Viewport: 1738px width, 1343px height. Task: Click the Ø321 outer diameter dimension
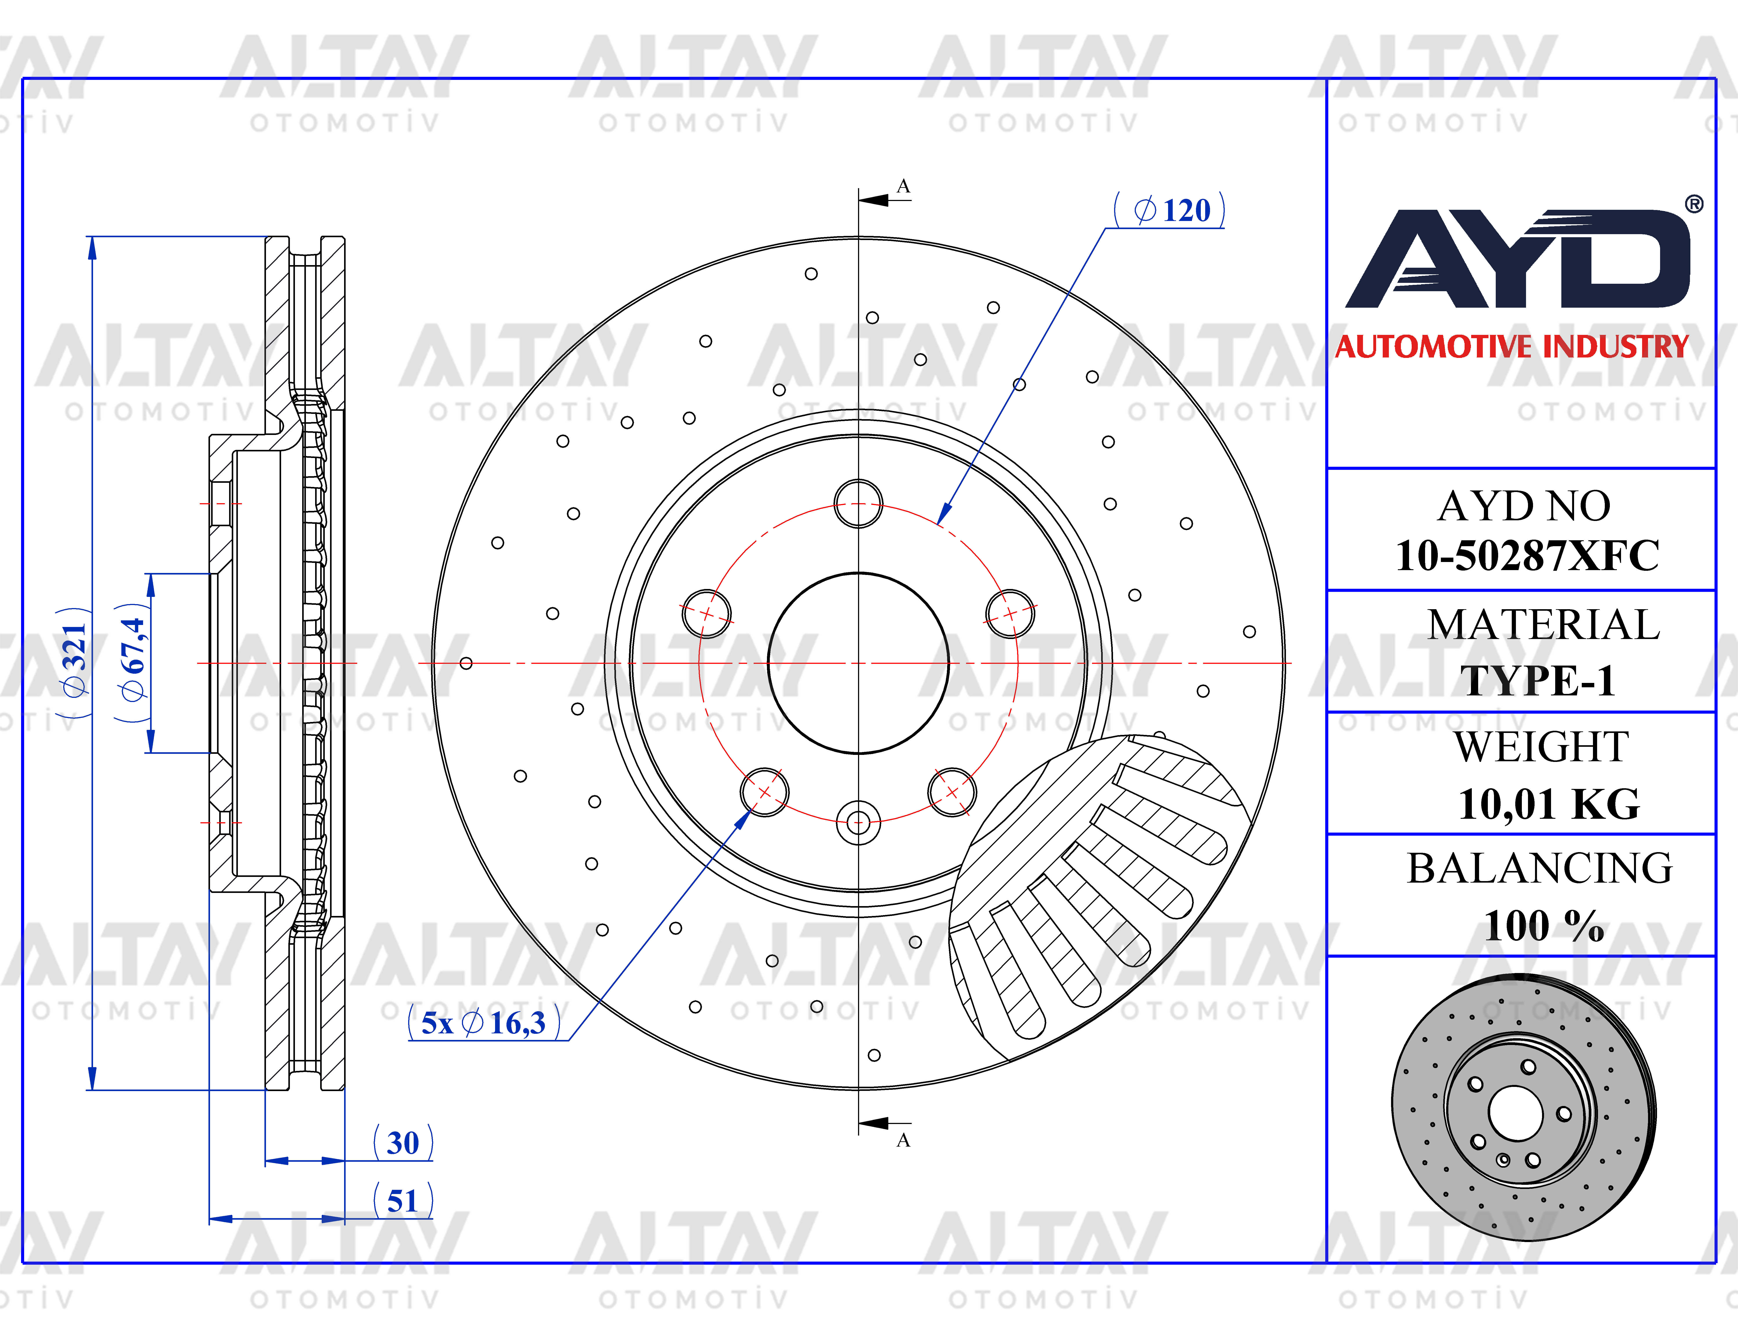coord(74,662)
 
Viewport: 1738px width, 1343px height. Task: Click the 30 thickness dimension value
coord(403,1143)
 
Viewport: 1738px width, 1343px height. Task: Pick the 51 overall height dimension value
coord(403,1201)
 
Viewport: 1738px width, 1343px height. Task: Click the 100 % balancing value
coord(1544,926)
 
